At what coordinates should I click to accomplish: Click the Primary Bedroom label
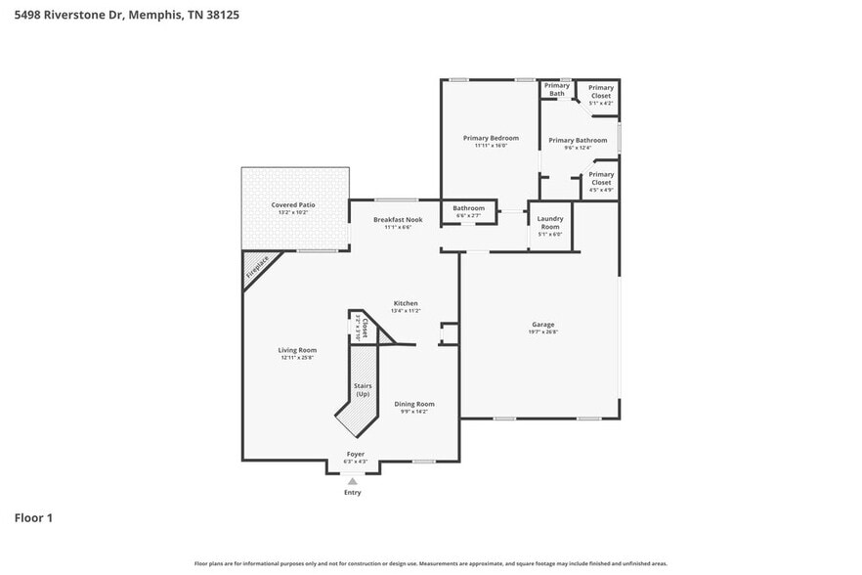click(x=491, y=139)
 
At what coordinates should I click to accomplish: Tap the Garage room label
click(x=543, y=325)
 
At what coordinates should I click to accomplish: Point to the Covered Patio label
click(x=294, y=205)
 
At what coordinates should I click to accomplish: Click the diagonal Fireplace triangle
click(x=257, y=268)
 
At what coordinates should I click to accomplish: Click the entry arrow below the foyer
click(x=352, y=480)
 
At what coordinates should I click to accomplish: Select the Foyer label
click(x=356, y=455)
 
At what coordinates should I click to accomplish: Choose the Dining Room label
click(x=414, y=404)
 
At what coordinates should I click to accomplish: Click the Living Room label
click(x=297, y=350)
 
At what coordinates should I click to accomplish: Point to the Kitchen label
click(x=406, y=303)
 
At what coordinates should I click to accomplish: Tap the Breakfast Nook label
click(x=398, y=220)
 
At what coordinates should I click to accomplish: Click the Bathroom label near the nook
click(x=468, y=208)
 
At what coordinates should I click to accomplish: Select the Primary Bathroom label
click(x=578, y=141)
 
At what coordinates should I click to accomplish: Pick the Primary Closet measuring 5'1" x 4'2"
click(x=600, y=92)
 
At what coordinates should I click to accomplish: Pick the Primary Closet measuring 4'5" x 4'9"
click(x=600, y=179)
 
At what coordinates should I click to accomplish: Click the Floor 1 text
click(x=32, y=517)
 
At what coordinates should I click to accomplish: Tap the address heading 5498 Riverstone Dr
click(x=128, y=15)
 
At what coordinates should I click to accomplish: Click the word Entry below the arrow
click(x=352, y=492)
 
